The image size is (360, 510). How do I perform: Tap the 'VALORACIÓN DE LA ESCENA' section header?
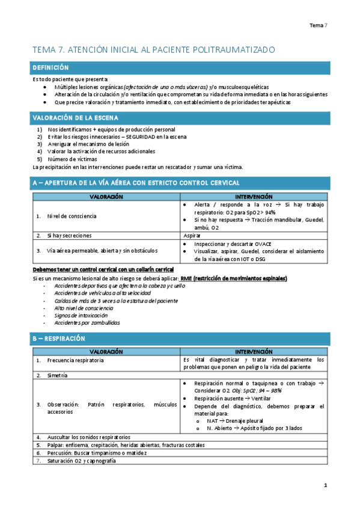[x=75, y=118]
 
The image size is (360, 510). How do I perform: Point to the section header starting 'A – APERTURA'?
[x=135, y=182]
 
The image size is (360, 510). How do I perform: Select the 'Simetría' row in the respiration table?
[x=57, y=375]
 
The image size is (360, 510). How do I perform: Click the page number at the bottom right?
[x=325, y=485]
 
